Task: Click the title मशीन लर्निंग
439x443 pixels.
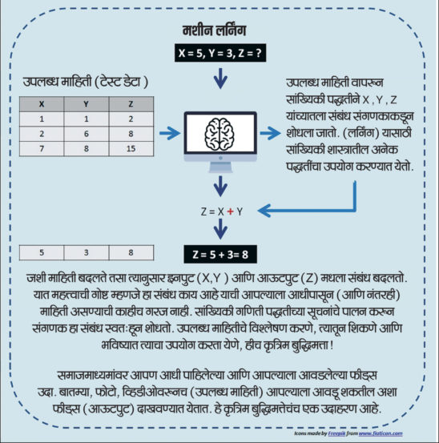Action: click(x=215, y=30)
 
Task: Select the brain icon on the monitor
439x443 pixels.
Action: click(x=219, y=134)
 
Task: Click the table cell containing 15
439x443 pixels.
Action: click(x=131, y=149)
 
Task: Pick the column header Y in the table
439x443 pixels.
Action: click(x=87, y=104)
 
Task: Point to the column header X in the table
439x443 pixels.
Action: click(x=42, y=104)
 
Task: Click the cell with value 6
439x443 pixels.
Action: click(x=87, y=134)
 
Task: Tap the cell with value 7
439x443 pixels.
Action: click(x=42, y=149)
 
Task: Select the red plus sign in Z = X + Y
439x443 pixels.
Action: click(x=231, y=211)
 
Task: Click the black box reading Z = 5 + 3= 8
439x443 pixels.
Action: click(x=220, y=254)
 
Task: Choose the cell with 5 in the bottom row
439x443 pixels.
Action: click(x=42, y=252)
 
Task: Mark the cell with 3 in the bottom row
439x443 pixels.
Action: click(x=87, y=252)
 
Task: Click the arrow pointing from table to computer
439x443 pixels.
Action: click(x=170, y=133)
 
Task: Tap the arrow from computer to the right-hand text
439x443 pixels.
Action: click(x=270, y=133)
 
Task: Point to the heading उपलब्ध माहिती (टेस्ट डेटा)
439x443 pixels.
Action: click(x=85, y=83)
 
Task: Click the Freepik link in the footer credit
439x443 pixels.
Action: click(x=336, y=433)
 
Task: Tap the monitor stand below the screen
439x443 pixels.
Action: click(x=220, y=167)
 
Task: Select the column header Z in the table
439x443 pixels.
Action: click(x=131, y=104)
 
